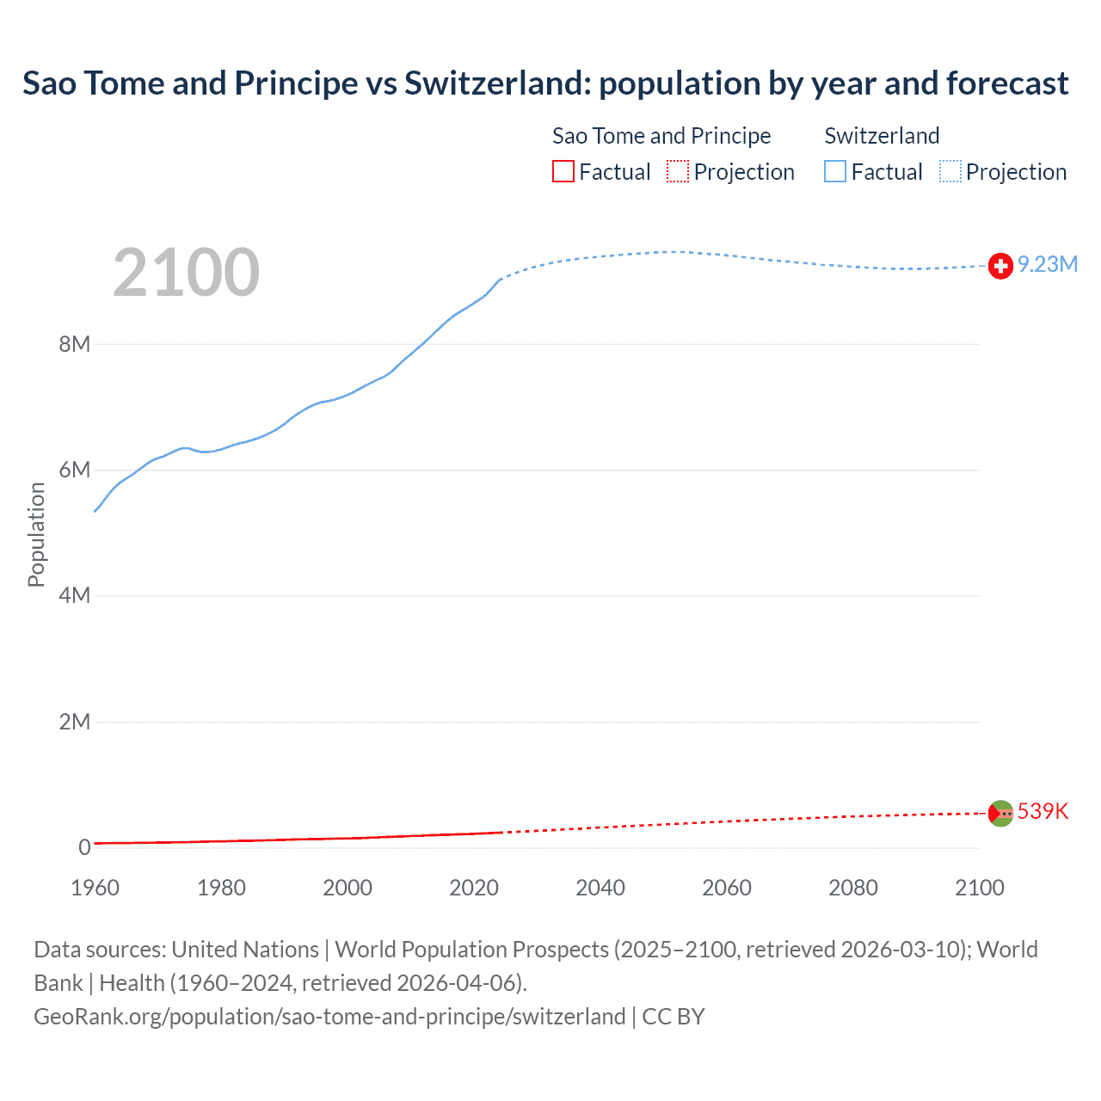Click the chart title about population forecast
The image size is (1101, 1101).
click(545, 83)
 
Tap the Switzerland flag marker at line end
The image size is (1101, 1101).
click(1000, 267)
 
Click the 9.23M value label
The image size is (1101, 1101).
click(1047, 264)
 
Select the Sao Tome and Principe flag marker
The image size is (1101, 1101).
click(1000, 813)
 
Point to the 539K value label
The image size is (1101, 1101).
click(1043, 811)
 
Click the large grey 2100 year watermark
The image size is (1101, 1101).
click(186, 273)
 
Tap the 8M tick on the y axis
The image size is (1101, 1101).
click(75, 344)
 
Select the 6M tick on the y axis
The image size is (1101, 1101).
click(75, 470)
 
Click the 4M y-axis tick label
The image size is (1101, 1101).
click(75, 595)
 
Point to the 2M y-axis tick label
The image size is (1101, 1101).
click(75, 721)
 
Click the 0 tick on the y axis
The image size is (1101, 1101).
click(84, 847)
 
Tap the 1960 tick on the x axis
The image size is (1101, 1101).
click(95, 888)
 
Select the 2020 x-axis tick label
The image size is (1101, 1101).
click(474, 888)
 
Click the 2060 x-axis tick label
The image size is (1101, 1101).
click(727, 888)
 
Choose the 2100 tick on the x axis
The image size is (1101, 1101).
click(979, 888)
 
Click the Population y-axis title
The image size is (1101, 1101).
click(36, 534)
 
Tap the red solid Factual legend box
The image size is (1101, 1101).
click(563, 172)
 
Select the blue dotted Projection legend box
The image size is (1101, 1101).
click(950, 172)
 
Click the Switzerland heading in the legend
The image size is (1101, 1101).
click(882, 136)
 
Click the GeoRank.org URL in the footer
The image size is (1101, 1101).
click(329, 1017)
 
